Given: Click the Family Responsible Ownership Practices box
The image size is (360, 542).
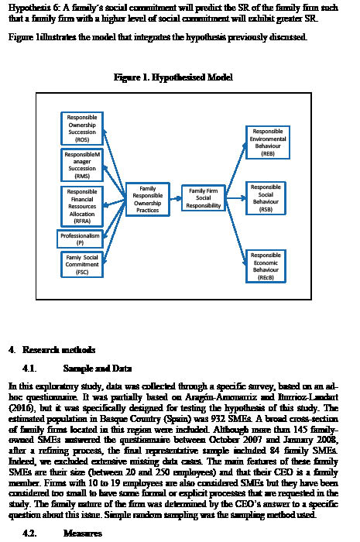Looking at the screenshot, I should [147, 199].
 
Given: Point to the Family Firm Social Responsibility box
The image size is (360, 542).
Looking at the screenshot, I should [204, 198].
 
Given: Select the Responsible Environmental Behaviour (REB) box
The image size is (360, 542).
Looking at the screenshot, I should [268, 142].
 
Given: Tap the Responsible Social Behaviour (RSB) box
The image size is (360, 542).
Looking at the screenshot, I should [266, 198].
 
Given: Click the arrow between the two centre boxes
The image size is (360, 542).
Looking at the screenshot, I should [175, 198].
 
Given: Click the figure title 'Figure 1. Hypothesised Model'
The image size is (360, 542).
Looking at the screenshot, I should [173, 77].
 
